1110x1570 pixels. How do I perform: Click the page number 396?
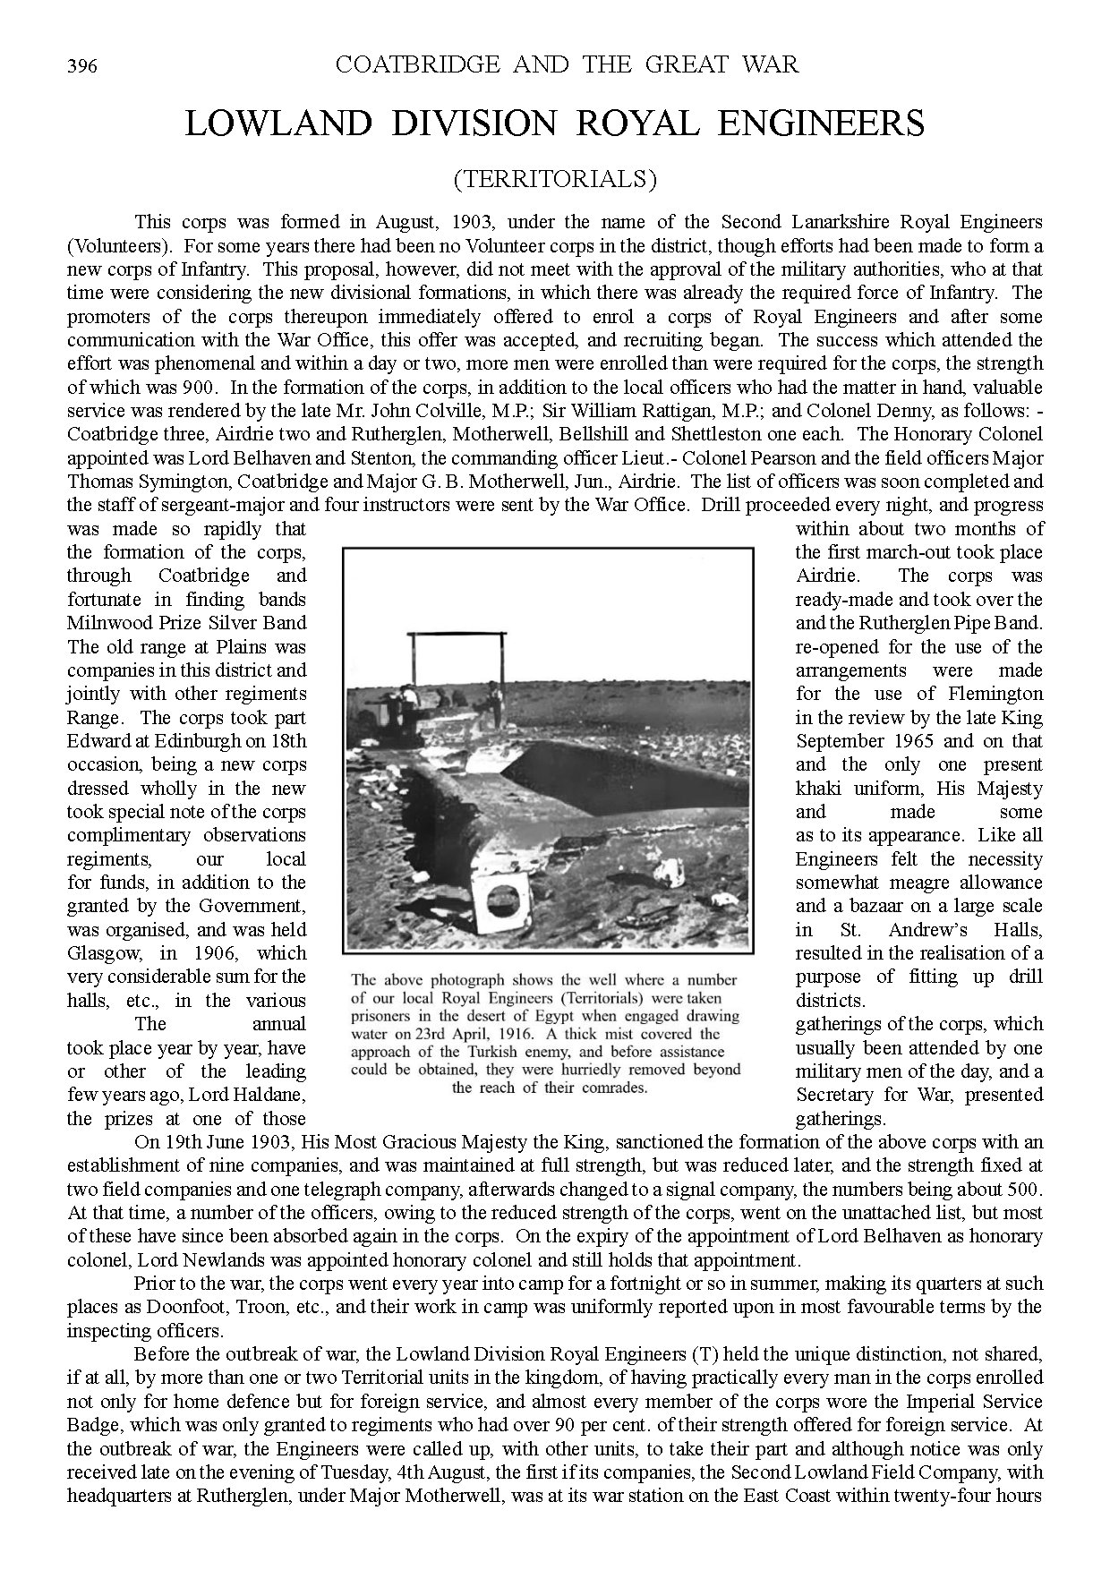tap(81, 66)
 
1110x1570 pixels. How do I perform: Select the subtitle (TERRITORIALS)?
tap(555, 179)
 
